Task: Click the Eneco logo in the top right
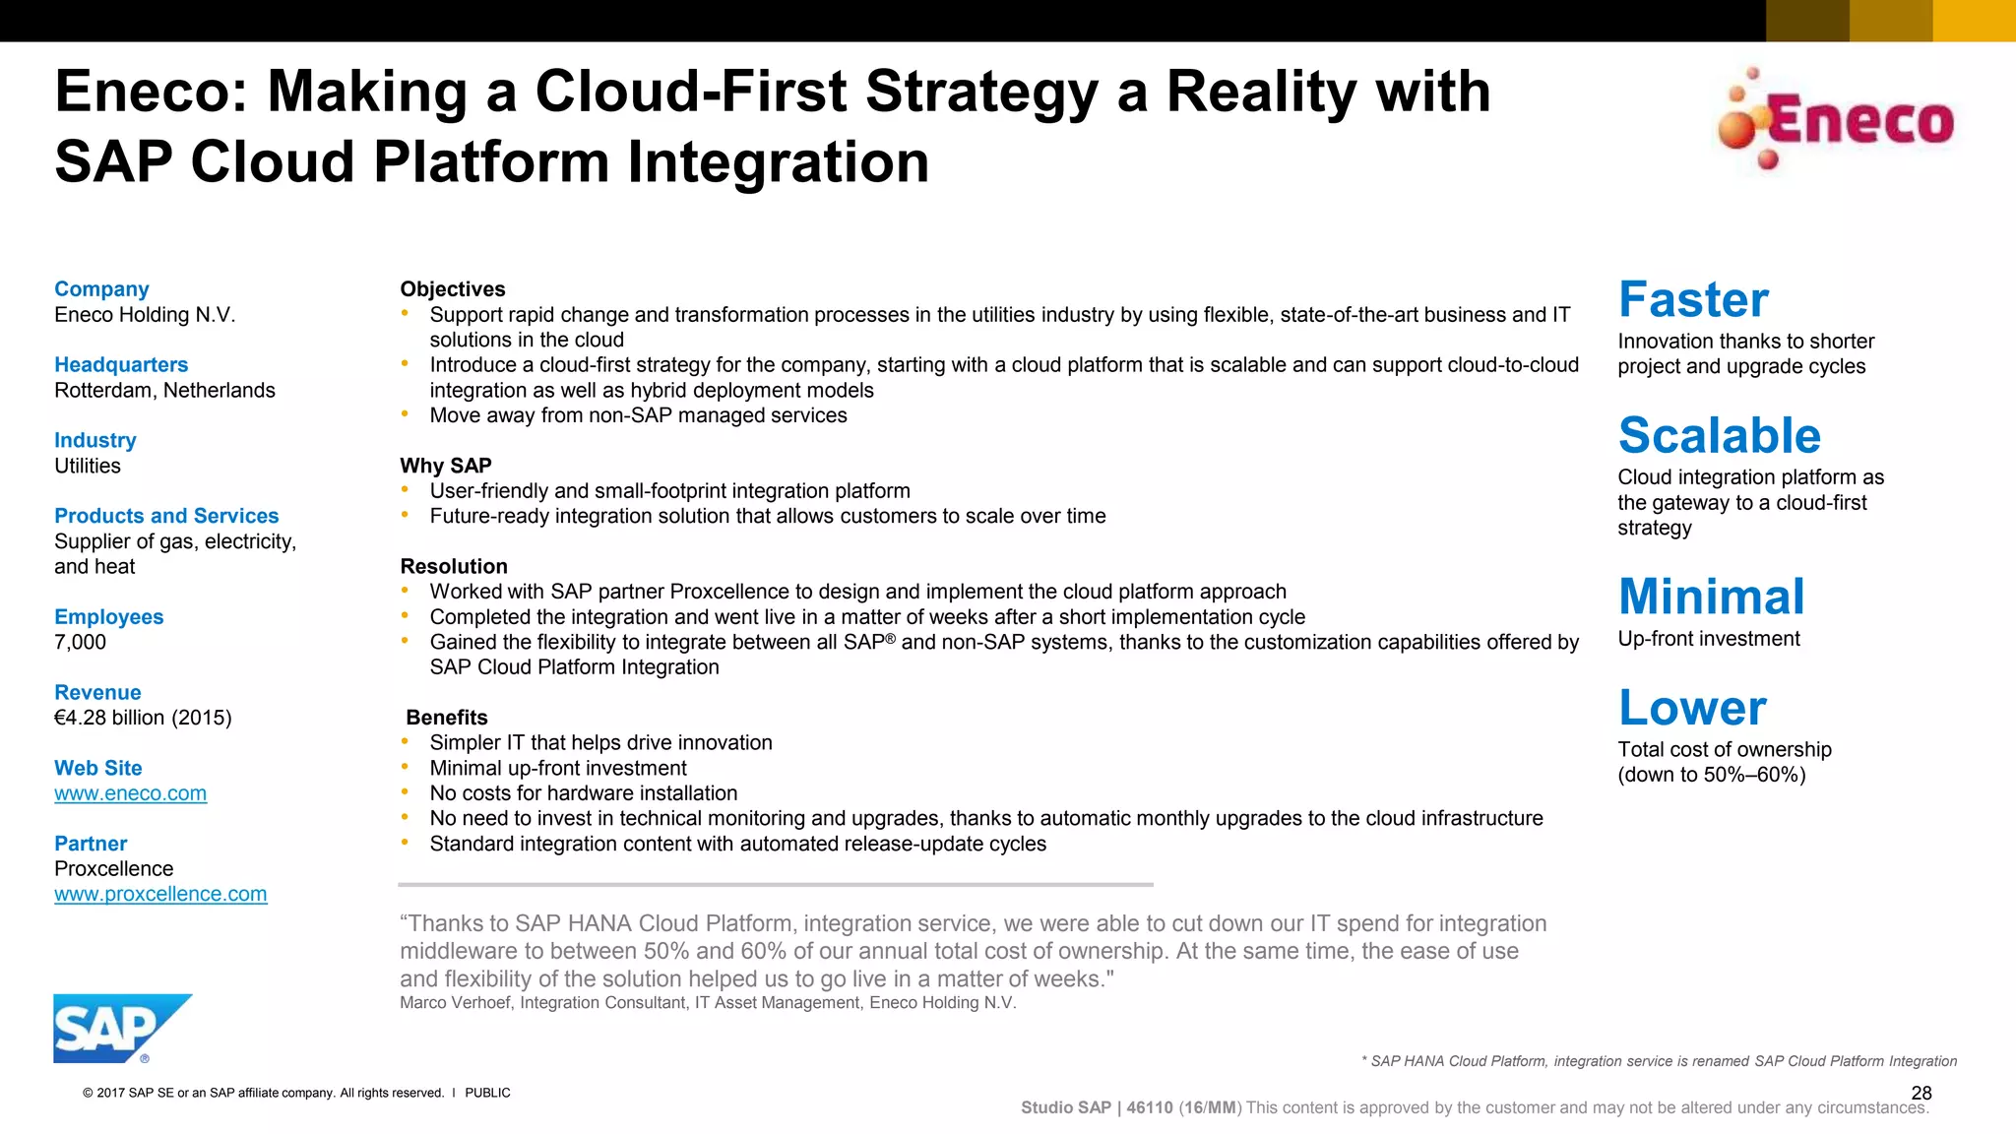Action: point(1836,120)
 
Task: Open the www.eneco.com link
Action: point(130,793)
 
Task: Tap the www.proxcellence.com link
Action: point(160,894)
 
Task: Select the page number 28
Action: point(1921,1093)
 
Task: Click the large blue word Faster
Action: point(1693,299)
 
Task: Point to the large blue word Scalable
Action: point(1719,435)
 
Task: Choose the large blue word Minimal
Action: point(1711,597)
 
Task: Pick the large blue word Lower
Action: point(1692,707)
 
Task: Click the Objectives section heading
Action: point(452,289)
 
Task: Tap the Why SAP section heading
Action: point(445,466)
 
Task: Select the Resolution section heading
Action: point(454,566)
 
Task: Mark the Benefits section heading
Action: point(447,718)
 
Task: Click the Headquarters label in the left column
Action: point(121,365)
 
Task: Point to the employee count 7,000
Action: point(80,642)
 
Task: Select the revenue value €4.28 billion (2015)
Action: point(143,718)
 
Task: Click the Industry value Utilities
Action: point(88,466)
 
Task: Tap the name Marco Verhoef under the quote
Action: point(455,1002)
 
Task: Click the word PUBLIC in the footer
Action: point(487,1093)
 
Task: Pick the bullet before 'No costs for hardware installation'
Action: point(405,792)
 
